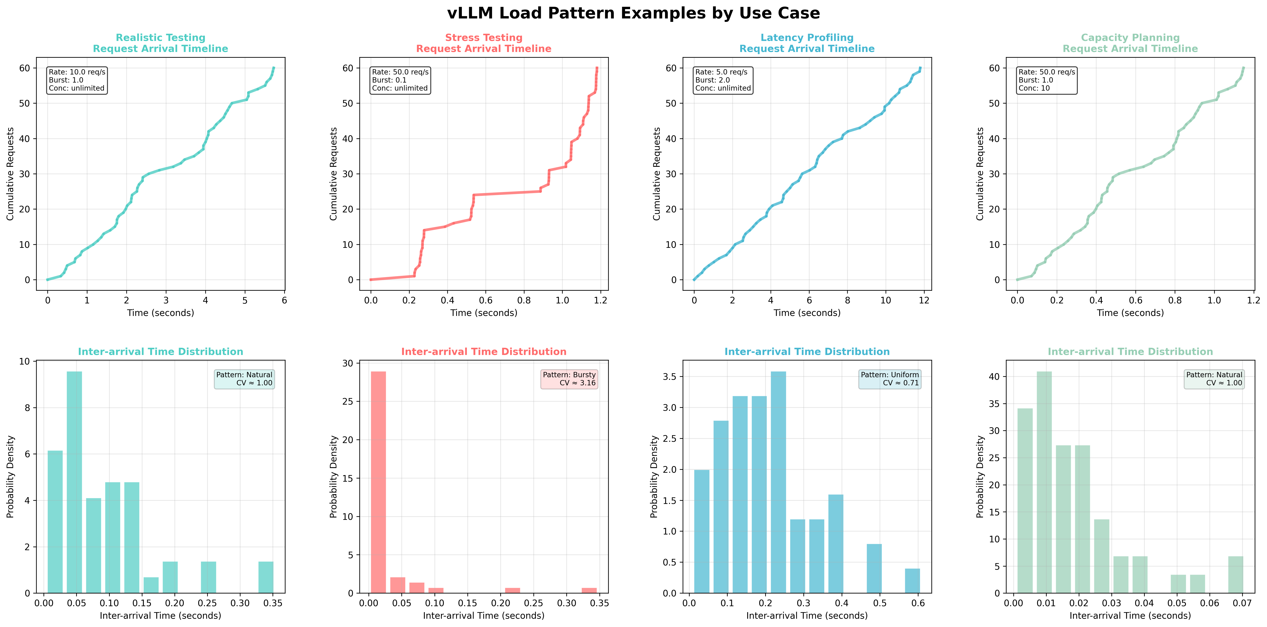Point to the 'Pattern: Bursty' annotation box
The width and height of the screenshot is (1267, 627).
click(x=569, y=379)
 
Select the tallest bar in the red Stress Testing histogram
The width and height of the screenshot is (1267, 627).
click(x=378, y=482)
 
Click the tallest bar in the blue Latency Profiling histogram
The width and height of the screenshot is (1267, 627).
click(x=778, y=482)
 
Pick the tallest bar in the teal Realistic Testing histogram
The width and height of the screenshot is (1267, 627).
click(x=74, y=482)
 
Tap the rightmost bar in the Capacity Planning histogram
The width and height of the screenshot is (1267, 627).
click(x=1236, y=574)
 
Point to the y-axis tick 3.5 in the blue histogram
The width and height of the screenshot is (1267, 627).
click(x=670, y=377)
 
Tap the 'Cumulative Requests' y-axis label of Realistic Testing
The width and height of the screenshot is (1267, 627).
click(x=10, y=174)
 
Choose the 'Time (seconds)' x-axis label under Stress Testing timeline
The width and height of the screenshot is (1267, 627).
click(x=484, y=313)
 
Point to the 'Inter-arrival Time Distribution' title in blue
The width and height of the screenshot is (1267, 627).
click(x=807, y=352)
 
